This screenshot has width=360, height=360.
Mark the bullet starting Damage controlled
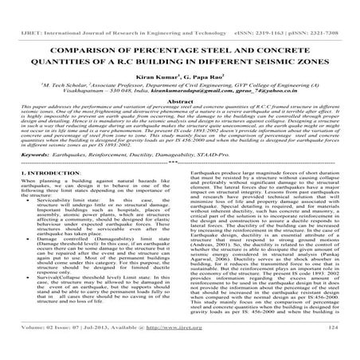pos(57,266)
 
